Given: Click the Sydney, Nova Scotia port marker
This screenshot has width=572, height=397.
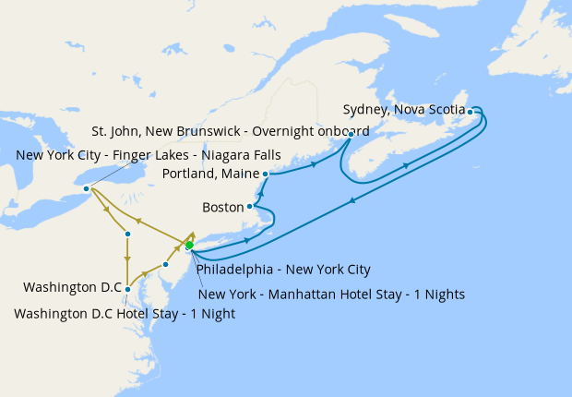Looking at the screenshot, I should pyautogui.click(x=471, y=112).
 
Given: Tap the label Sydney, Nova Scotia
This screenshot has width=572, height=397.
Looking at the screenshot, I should pyautogui.click(x=404, y=109).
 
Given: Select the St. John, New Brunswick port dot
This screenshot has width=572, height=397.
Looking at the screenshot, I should pyautogui.click(x=352, y=135).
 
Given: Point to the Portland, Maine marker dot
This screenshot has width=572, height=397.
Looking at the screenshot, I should pyautogui.click(x=265, y=174).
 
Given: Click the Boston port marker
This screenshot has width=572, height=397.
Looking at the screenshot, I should pyautogui.click(x=249, y=207).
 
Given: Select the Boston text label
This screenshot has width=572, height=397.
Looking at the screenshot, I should pyautogui.click(x=222, y=207).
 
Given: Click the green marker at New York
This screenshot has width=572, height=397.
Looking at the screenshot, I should pyautogui.click(x=189, y=245).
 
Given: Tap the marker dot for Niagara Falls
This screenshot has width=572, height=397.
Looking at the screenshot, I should pyautogui.click(x=87, y=188).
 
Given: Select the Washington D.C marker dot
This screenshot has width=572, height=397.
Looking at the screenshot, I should pyautogui.click(x=127, y=290).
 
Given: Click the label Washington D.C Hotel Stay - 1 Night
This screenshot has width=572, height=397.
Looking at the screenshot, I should pyautogui.click(x=125, y=313).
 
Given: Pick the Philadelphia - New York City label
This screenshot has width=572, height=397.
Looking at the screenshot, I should pyautogui.click(x=282, y=270).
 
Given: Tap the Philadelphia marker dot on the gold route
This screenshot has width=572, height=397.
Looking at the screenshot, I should pyautogui.click(x=165, y=265).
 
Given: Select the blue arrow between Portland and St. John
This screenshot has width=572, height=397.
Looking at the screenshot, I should pyautogui.click(x=315, y=164).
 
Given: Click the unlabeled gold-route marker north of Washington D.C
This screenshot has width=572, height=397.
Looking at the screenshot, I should pyautogui.click(x=127, y=234).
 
